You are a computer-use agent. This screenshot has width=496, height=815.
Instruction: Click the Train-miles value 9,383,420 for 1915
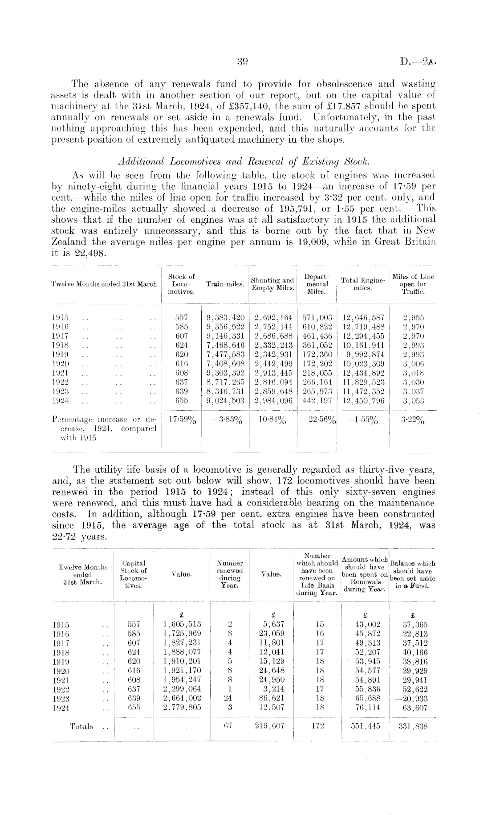(226, 318)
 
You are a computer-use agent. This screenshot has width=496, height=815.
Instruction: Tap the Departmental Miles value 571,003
(317, 318)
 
